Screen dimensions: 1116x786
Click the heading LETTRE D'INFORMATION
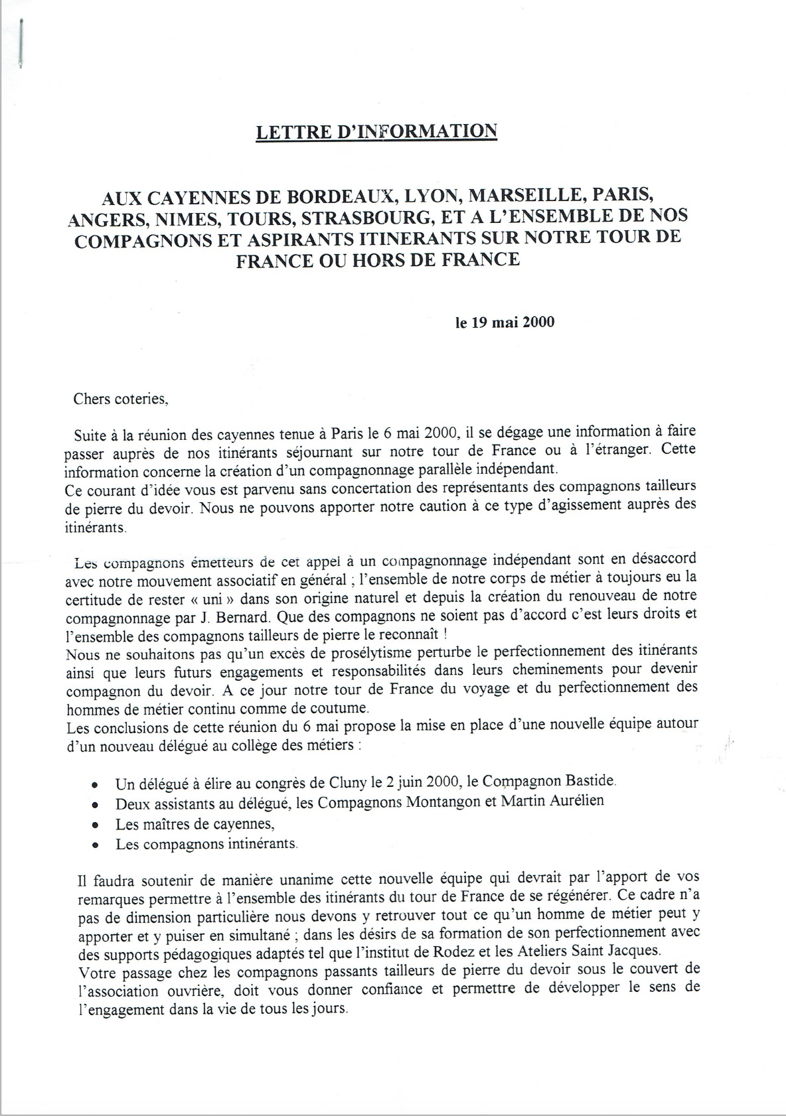pyautogui.click(x=376, y=131)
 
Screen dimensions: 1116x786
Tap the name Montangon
pyautogui.click(x=440, y=802)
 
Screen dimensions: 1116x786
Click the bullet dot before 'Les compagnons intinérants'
pyautogui.click(x=96, y=845)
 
